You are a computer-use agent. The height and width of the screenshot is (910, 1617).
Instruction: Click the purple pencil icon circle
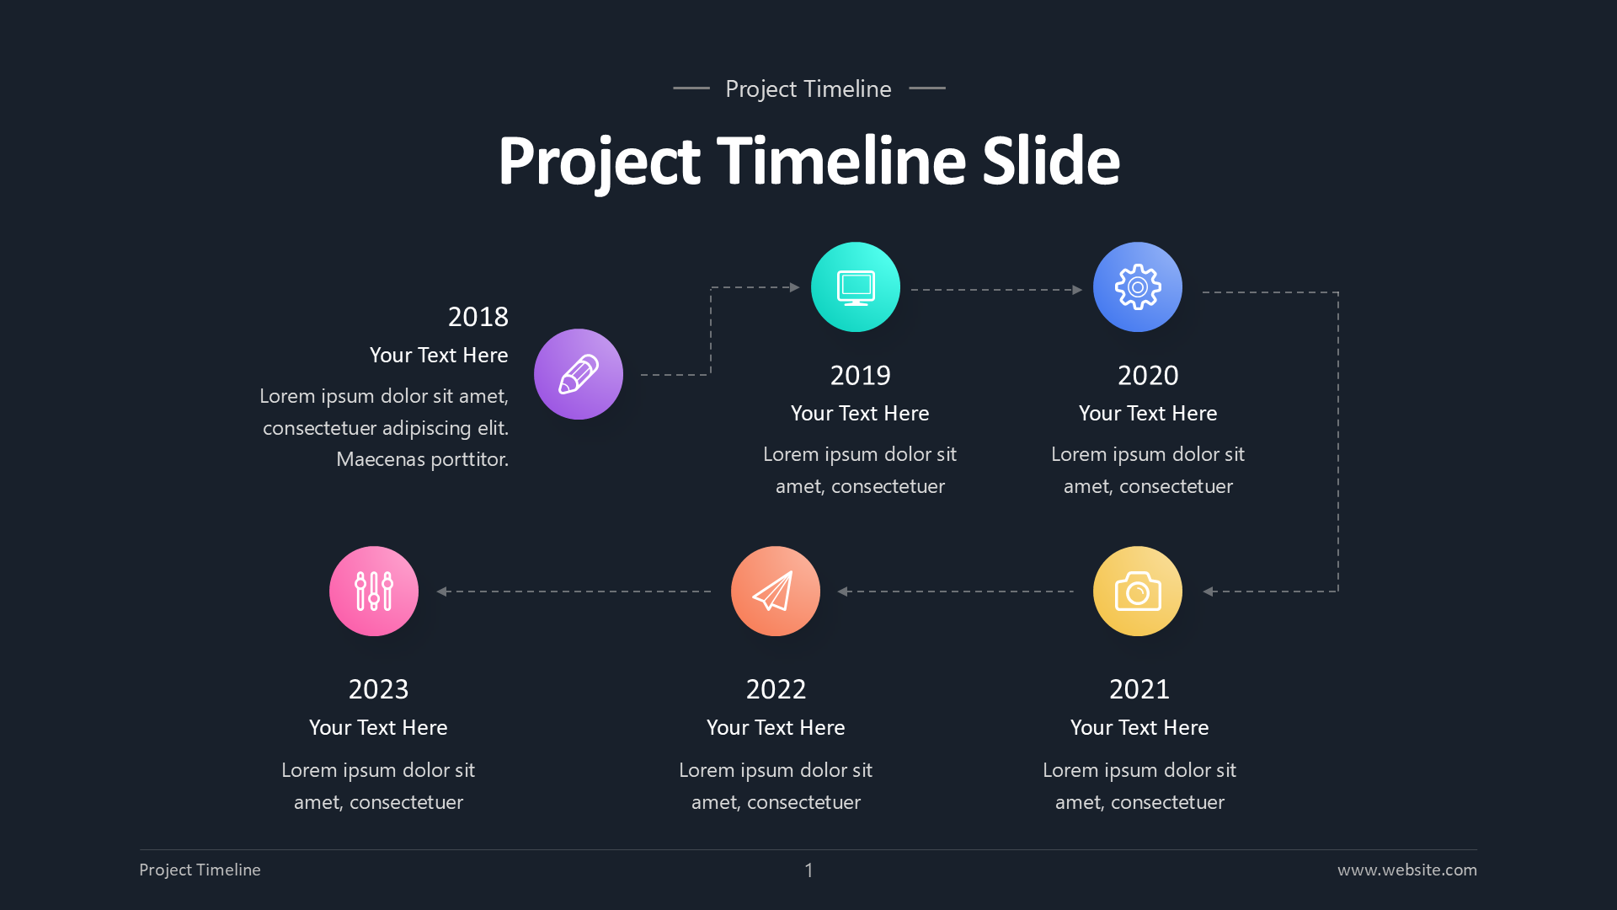pyautogui.click(x=579, y=374)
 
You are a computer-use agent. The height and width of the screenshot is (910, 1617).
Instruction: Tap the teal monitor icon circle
pyautogui.click(x=856, y=287)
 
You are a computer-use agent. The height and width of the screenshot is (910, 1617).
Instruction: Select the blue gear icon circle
pyautogui.click(x=1138, y=287)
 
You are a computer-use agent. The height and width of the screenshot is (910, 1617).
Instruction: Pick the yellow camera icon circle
pyautogui.click(x=1138, y=591)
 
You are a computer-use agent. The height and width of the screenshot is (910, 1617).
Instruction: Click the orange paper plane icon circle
pyautogui.click(x=776, y=591)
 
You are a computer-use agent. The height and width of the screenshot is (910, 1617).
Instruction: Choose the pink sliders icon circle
pyautogui.click(x=374, y=591)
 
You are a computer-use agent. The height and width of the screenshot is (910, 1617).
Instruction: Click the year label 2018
pyautogui.click(x=478, y=317)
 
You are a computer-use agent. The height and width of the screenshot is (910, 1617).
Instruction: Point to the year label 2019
pyautogui.click(x=860, y=375)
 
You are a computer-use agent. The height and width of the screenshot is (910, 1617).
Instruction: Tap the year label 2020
pyautogui.click(x=1148, y=375)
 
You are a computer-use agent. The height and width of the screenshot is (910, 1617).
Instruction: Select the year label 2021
pyautogui.click(x=1139, y=689)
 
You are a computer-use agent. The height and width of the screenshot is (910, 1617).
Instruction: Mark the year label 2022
pyautogui.click(x=776, y=689)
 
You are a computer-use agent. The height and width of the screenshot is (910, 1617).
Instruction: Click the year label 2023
pyautogui.click(x=378, y=689)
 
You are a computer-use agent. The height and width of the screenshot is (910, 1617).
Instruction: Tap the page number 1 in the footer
pyautogui.click(x=808, y=870)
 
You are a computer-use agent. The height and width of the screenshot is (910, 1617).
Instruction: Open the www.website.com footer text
pyautogui.click(x=1406, y=870)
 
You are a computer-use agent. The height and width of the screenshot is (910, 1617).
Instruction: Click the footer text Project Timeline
pyautogui.click(x=200, y=870)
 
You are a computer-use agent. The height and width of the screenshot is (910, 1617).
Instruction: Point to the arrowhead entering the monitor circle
pyautogui.click(x=794, y=287)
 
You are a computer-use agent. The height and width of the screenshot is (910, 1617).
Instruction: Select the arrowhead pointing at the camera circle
pyautogui.click(x=1209, y=591)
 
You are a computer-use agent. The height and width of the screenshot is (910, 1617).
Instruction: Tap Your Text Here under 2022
pyautogui.click(x=776, y=727)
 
